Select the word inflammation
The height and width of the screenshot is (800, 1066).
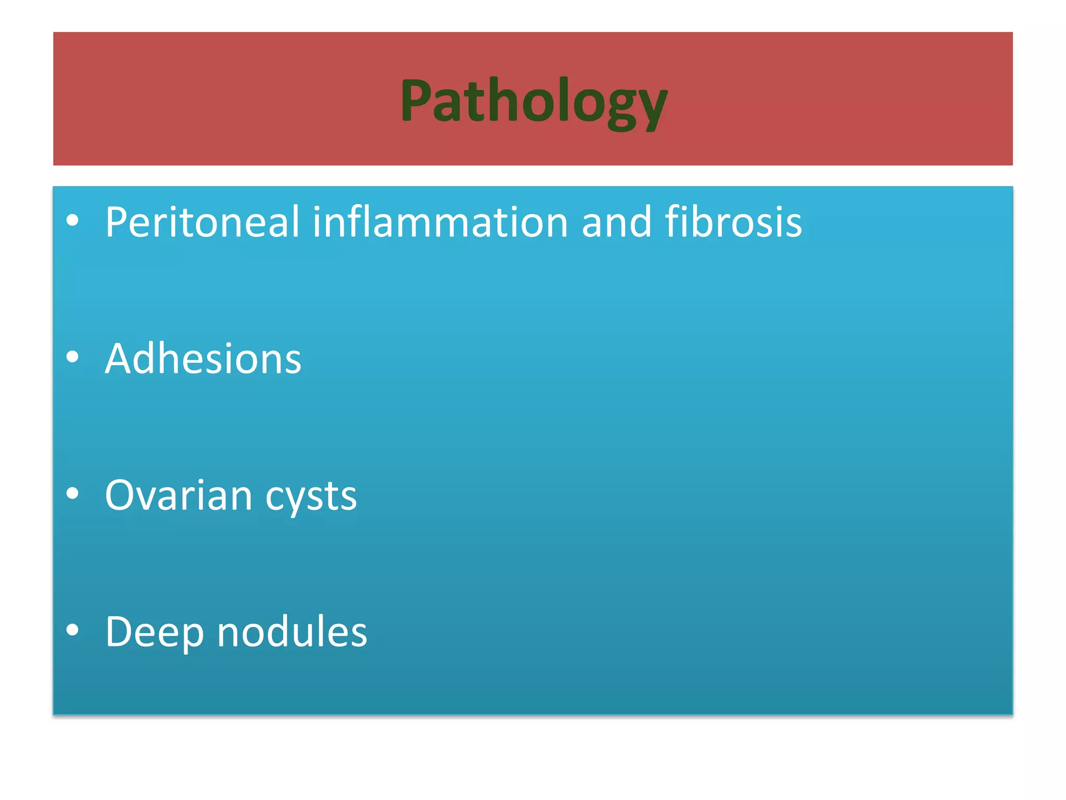coord(440,222)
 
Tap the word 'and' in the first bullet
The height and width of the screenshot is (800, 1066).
coord(616,222)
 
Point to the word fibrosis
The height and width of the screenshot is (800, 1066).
coord(733,222)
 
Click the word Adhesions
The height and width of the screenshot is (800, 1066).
coord(203,359)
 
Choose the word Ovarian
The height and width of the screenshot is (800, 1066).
coord(179,495)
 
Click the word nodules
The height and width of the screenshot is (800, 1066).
coord(292,632)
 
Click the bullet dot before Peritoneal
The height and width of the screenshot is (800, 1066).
coord(73,220)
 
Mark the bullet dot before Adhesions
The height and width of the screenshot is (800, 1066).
coord(73,357)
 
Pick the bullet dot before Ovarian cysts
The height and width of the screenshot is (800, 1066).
coord(73,494)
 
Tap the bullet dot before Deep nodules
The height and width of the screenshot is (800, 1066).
coord(73,630)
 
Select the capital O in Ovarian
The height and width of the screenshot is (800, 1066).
coord(122,495)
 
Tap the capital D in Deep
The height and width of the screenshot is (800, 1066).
coord(121,632)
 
